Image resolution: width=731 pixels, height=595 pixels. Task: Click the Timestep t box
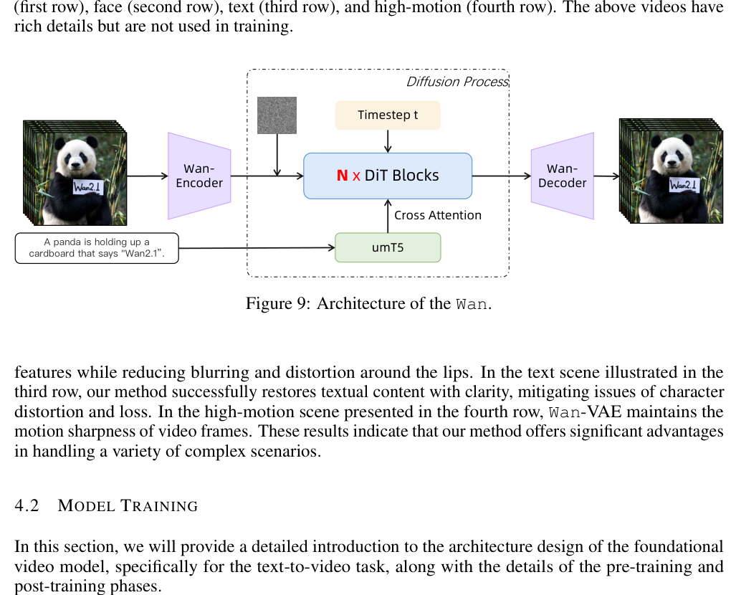[388, 115]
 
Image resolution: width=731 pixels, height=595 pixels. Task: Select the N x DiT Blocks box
[388, 176]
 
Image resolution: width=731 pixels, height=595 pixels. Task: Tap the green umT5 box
[388, 247]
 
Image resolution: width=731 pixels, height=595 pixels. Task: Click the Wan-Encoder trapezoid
[199, 176]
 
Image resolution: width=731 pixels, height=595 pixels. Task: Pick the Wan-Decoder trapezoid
[563, 176]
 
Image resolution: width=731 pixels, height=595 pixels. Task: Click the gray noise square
[277, 115]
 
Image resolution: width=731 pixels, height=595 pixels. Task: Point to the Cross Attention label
[438, 216]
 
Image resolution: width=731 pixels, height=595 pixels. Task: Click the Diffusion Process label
[457, 82]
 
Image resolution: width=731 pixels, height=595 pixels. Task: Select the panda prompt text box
[97, 248]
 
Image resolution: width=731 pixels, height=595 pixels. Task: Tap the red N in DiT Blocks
[342, 176]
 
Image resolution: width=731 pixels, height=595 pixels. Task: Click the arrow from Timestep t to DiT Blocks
[388, 141]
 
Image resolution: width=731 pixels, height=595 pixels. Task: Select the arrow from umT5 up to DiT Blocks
[388, 216]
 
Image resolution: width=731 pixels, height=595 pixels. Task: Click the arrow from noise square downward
[277, 155]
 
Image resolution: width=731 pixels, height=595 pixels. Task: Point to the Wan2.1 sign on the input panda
[87, 187]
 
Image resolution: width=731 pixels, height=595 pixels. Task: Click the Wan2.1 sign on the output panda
[684, 185]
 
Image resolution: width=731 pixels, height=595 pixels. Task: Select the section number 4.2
[27, 505]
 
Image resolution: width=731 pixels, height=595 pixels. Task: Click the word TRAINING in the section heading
[159, 506]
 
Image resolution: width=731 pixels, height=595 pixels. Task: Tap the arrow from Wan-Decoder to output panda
[606, 176]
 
